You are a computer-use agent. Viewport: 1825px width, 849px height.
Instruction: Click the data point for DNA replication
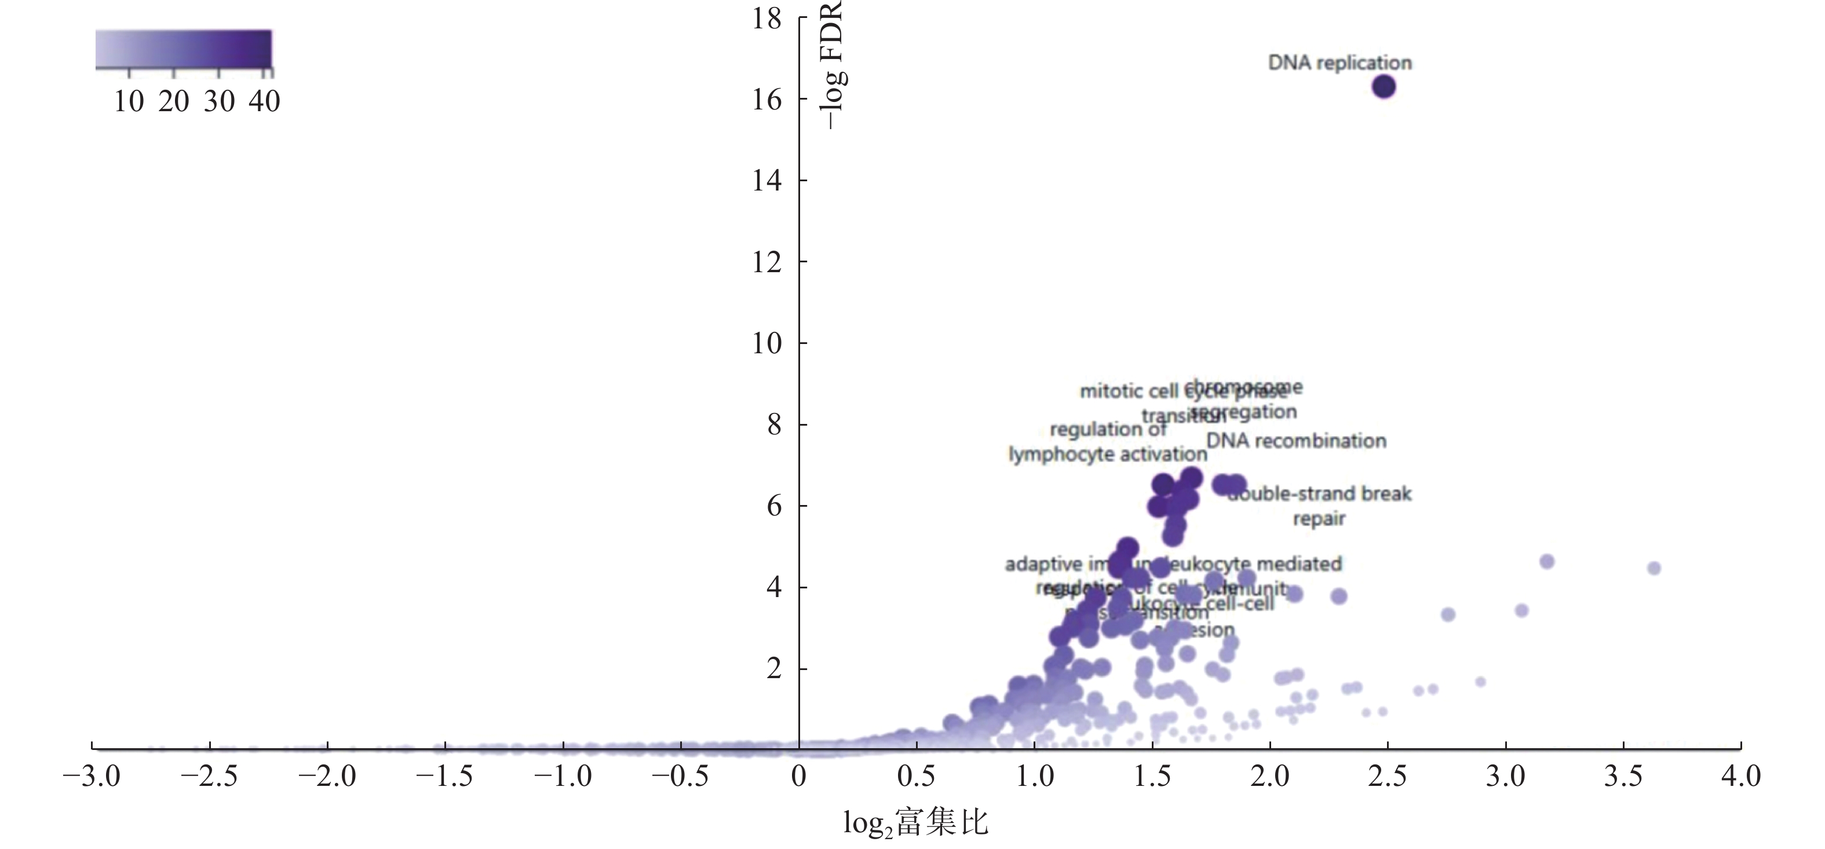point(1383,86)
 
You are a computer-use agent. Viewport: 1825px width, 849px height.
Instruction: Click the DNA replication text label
point(1339,63)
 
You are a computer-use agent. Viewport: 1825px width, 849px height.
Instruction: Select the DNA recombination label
point(1296,441)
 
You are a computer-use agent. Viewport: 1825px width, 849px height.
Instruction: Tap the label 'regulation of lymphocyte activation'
point(1107,442)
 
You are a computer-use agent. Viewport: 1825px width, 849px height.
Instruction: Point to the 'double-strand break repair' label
point(1319,506)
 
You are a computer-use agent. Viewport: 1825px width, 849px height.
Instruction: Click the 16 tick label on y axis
point(767,100)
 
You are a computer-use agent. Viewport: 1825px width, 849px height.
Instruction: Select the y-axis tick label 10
point(767,344)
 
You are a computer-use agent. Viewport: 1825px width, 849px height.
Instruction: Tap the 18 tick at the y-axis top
point(767,19)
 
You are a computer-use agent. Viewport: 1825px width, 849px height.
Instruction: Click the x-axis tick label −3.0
point(92,777)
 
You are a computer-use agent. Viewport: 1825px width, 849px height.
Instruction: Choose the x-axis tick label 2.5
point(1387,777)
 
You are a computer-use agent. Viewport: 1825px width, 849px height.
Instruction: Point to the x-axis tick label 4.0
point(1740,777)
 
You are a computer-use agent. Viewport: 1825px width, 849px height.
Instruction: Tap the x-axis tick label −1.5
point(444,777)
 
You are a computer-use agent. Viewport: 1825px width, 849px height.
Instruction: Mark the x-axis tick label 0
point(798,777)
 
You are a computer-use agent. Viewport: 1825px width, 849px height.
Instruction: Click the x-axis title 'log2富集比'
point(915,823)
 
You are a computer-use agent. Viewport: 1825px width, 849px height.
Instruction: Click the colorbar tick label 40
point(264,102)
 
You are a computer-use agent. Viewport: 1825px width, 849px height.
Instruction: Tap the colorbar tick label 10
point(129,102)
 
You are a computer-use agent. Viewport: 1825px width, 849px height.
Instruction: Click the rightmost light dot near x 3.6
point(1654,568)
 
